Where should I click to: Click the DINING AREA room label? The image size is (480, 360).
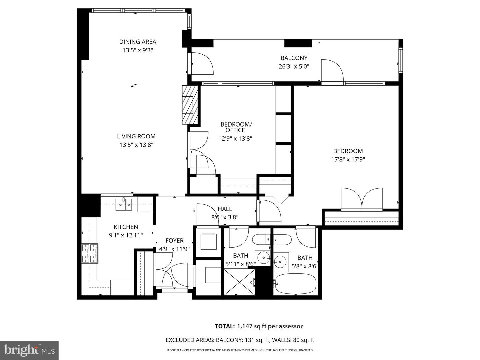[x=138, y=42]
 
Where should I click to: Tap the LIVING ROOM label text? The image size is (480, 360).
[x=136, y=136]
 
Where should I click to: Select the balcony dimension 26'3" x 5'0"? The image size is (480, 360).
[x=294, y=66]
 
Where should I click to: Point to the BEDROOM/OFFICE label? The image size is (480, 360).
[x=236, y=127]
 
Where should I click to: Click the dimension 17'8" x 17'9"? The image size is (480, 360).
[x=348, y=159]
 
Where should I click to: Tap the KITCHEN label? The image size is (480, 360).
[x=126, y=227]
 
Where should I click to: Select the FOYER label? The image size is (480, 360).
[x=174, y=240]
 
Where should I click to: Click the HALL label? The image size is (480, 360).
[x=225, y=209]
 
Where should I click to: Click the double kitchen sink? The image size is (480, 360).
[x=124, y=204]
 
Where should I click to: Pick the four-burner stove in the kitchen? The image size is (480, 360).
[x=90, y=253]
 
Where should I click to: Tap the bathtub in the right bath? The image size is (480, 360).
[x=295, y=284]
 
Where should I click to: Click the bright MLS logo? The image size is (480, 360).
[x=29, y=350]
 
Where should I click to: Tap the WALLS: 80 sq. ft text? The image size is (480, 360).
[x=293, y=340]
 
